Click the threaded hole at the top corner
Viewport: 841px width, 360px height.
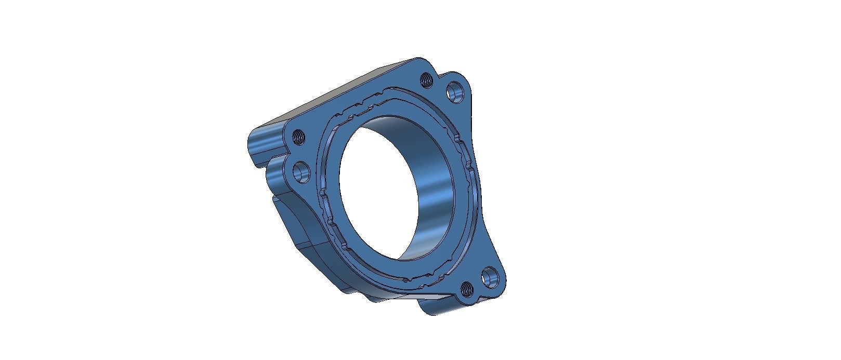coord(426,79)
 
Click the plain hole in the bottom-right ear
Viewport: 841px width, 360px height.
coord(489,278)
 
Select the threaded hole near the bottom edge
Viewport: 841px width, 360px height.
coord(466,288)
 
